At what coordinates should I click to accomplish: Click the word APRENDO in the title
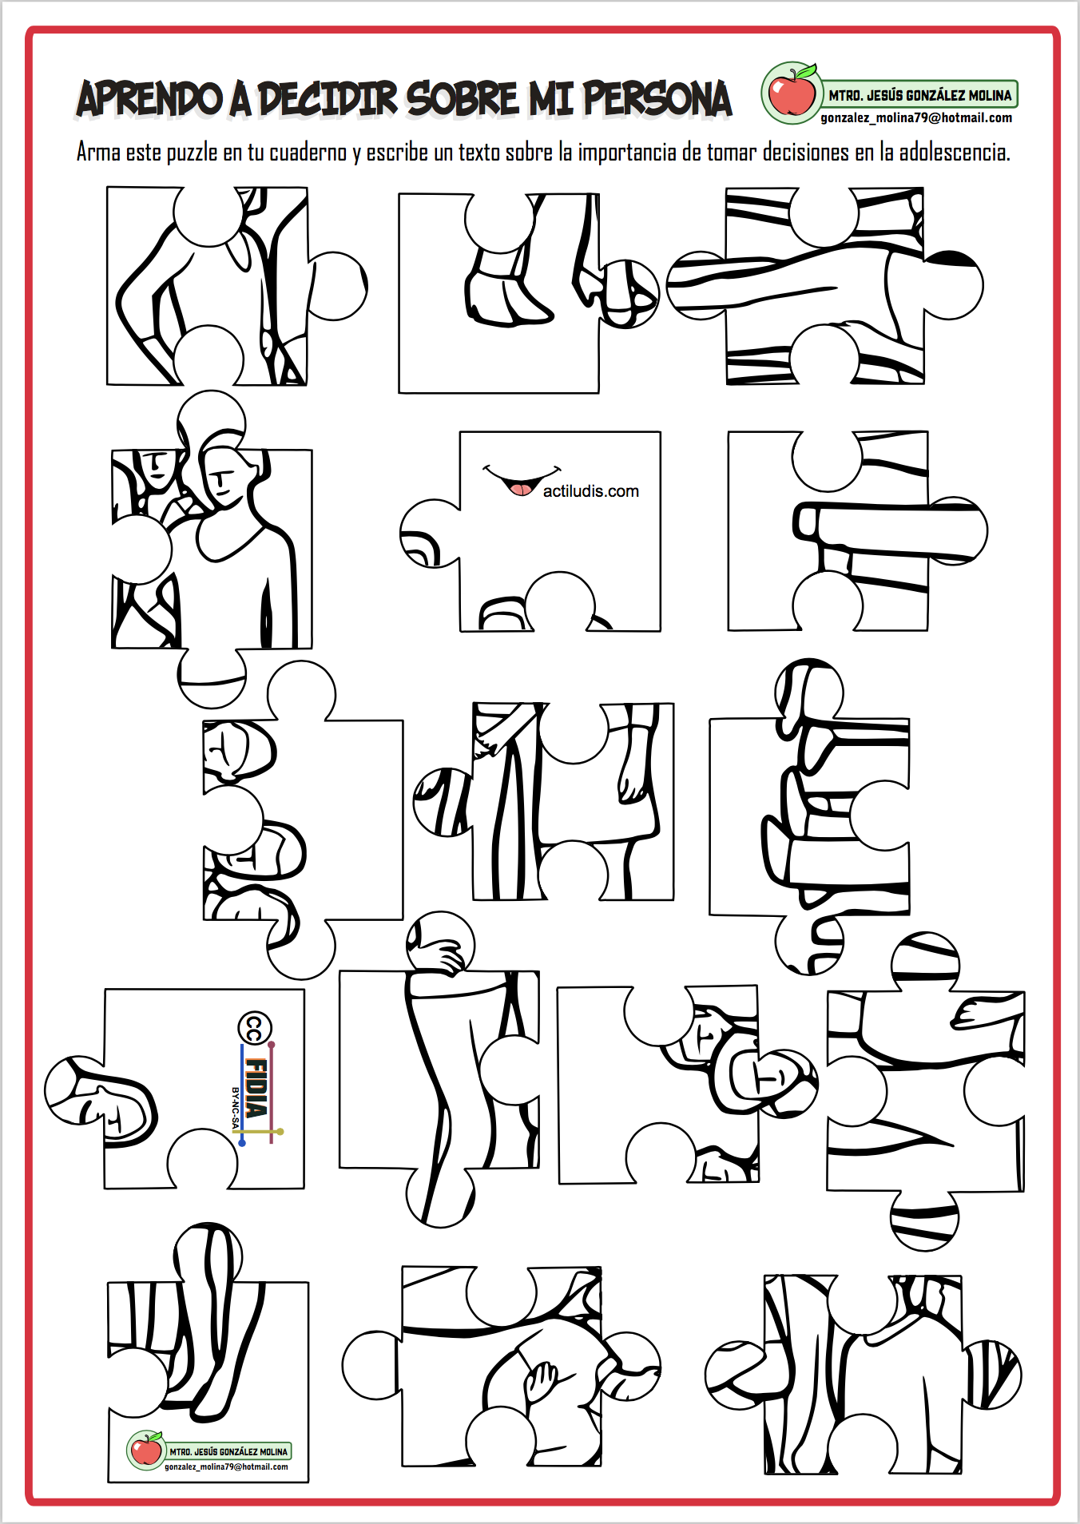coord(149,99)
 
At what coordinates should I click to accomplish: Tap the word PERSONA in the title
coord(657,99)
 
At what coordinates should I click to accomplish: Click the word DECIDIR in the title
coord(327,99)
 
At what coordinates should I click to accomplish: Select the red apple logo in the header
coord(792,93)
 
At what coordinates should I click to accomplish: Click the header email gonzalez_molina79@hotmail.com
coord(916,117)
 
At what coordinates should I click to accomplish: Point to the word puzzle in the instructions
coord(192,153)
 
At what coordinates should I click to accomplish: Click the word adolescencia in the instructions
coord(955,152)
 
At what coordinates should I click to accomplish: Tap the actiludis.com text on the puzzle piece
coord(591,491)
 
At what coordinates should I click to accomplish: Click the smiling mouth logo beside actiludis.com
coord(522,480)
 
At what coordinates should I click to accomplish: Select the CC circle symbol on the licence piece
coord(255,1029)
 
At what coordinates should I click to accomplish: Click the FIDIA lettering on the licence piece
coord(256,1087)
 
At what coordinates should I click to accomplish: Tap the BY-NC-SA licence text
coord(235,1109)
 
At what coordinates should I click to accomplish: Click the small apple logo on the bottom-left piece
coord(146,1449)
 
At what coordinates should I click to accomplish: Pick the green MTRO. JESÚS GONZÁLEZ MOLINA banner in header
coord(919,94)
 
